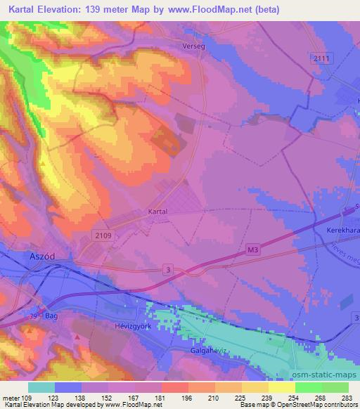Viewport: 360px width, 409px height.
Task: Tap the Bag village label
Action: coord(51,317)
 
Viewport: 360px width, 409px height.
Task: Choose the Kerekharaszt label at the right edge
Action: coord(343,231)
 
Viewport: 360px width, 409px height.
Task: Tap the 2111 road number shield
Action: coord(322,58)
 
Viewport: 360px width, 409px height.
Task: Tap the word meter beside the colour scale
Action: coord(10,398)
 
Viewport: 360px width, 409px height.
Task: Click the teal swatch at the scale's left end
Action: coord(41,387)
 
